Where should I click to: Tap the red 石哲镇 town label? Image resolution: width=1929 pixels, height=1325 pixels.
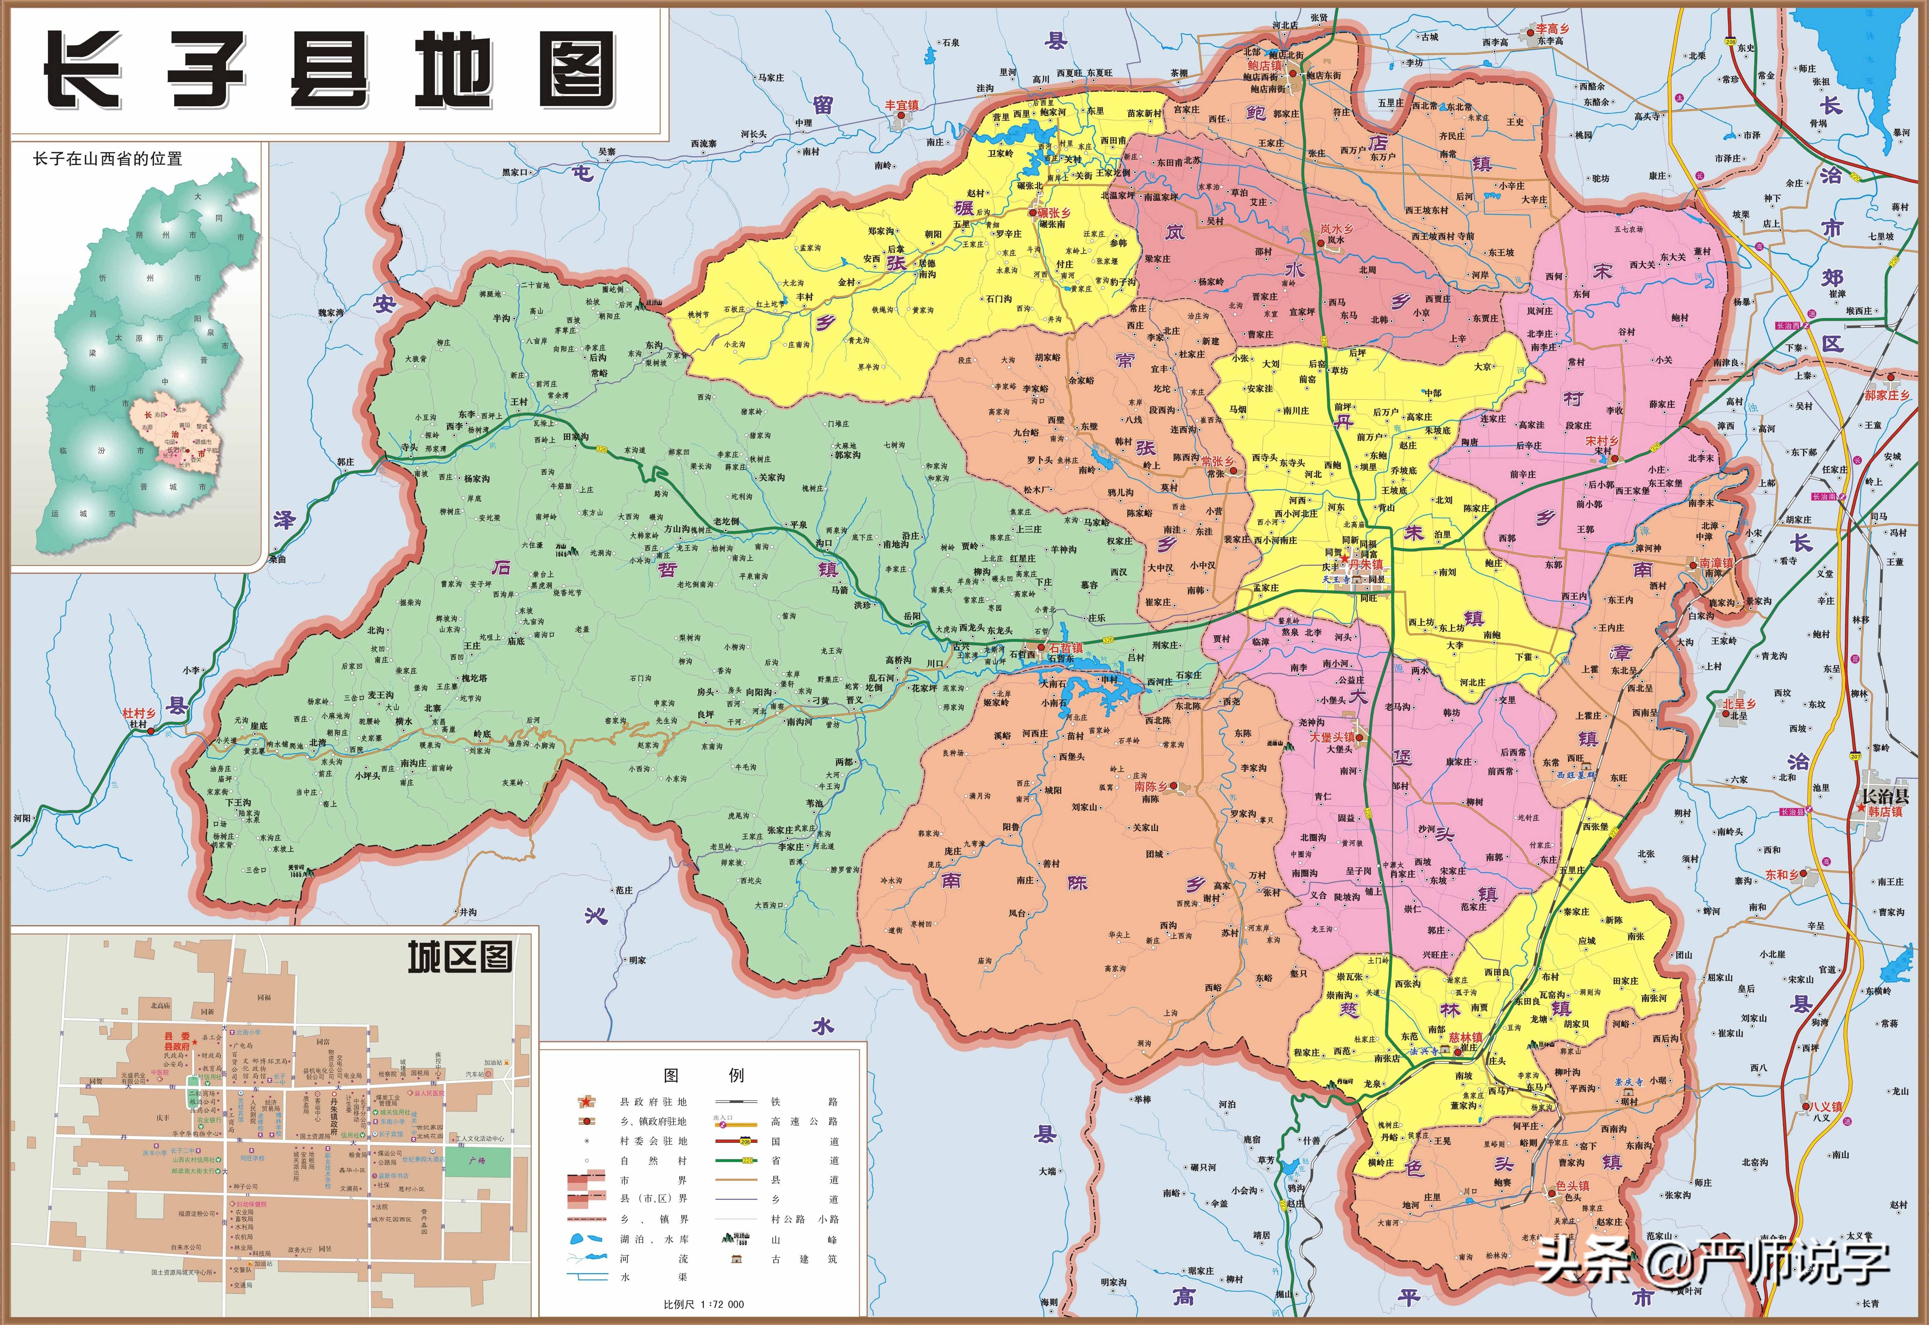pyautogui.click(x=1065, y=647)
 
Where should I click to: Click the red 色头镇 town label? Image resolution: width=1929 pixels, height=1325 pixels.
pyautogui.click(x=1573, y=1185)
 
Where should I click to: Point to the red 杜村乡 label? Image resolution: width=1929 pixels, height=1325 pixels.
pyautogui.click(x=139, y=713)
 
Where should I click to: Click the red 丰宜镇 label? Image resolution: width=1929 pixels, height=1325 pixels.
pyautogui.click(x=902, y=105)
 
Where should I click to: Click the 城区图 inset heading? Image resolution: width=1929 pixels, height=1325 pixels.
pyautogui.click(x=459, y=957)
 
